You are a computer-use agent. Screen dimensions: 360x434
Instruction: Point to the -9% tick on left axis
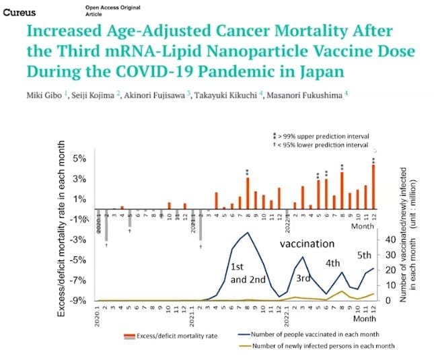(x=81, y=301)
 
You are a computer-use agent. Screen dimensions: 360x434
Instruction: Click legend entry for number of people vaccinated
(x=308, y=334)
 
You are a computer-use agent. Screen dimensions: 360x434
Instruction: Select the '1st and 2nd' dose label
(x=247, y=273)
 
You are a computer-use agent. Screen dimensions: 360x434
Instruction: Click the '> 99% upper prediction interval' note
(x=324, y=137)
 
